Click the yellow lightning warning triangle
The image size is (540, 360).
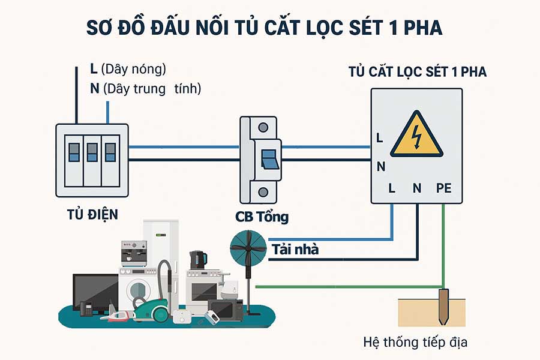pos(416,136)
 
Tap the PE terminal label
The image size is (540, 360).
pos(443,188)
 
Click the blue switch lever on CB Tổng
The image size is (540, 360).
pos(268,158)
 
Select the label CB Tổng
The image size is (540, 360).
pos(261,217)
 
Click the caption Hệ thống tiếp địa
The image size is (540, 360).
pos(415,343)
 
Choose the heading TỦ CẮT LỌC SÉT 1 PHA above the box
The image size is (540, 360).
pos(418,72)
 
